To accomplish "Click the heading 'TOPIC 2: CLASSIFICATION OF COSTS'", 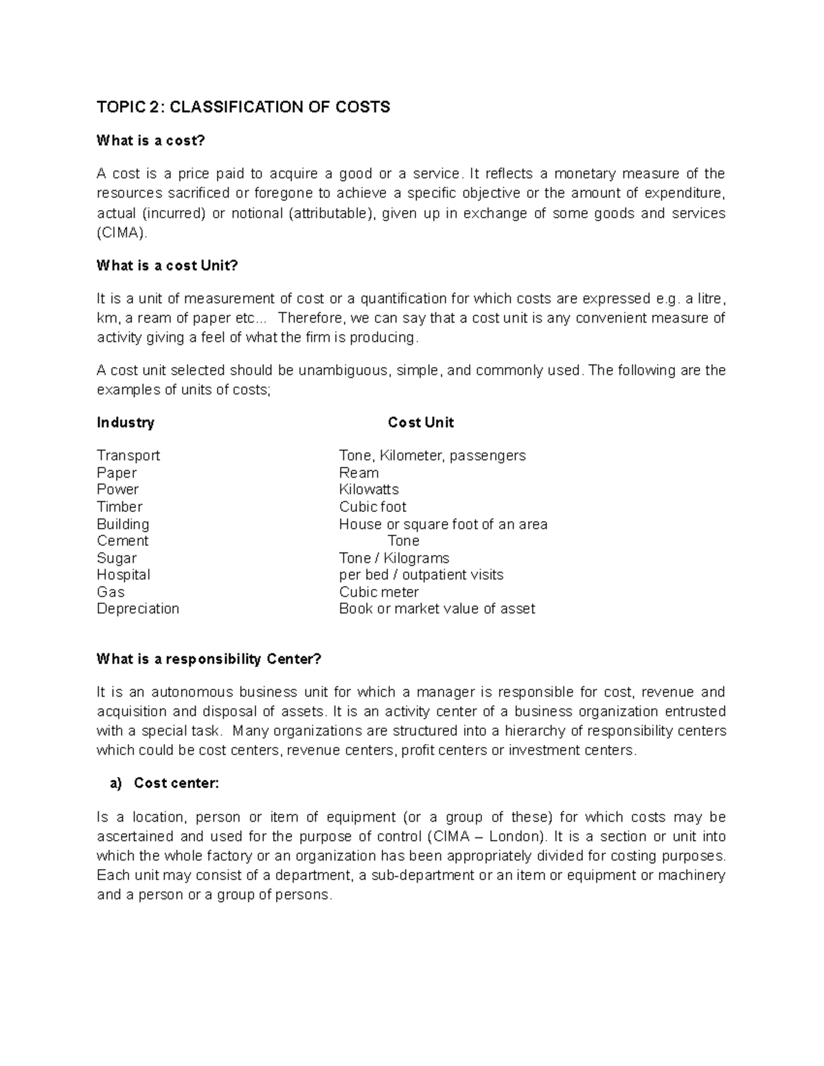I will point(243,107).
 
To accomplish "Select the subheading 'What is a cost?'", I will point(151,141).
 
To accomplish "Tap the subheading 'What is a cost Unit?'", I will point(167,266).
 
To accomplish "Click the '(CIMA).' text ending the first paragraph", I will point(122,233).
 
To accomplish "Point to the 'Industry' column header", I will point(126,423).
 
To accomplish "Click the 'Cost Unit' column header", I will point(420,423).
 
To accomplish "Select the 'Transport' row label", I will point(128,456).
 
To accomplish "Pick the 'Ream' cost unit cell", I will point(358,473).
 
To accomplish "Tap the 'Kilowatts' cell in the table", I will point(369,489).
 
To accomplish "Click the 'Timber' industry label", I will point(119,507).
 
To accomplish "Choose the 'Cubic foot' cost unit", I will point(372,507).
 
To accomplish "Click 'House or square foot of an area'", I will point(443,524).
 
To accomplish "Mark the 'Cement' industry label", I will point(122,541).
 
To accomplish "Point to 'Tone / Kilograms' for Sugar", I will point(394,558).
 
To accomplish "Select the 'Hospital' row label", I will point(124,575).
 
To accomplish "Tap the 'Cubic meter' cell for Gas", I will point(378,592).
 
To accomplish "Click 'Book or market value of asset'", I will point(437,609).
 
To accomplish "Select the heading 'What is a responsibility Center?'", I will point(209,660).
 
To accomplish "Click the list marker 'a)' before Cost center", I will point(115,783).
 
